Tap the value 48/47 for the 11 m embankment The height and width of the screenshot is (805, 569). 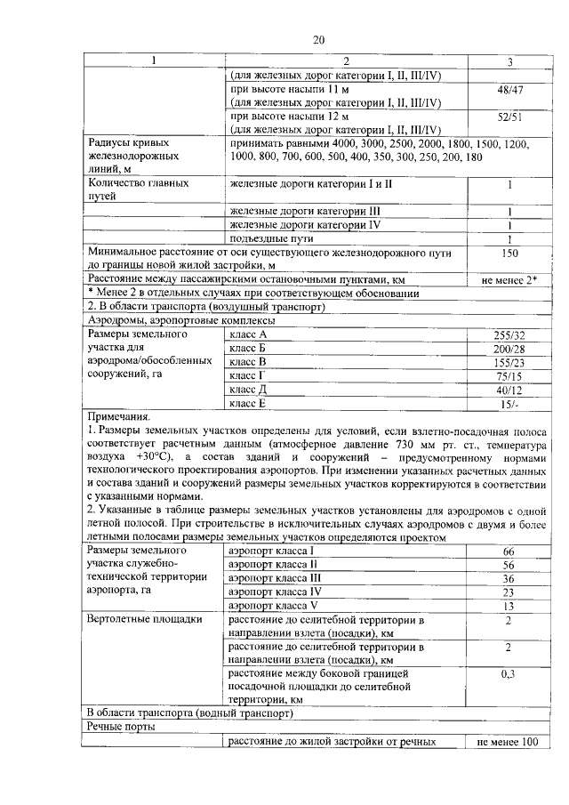click(509, 90)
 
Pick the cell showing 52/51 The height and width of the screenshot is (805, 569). click(509, 116)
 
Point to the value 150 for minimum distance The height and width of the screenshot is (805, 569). click(509, 254)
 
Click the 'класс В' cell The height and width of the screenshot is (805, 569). click(248, 362)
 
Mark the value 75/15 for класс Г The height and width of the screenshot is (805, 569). click(509, 376)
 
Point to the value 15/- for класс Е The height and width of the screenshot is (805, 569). click(509, 404)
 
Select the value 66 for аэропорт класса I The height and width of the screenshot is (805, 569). click(509, 552)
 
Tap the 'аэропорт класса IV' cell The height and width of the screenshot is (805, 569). click(275, 591)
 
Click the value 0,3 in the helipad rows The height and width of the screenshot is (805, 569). click(509, 674)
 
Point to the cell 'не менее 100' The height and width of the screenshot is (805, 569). click(509, 741)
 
